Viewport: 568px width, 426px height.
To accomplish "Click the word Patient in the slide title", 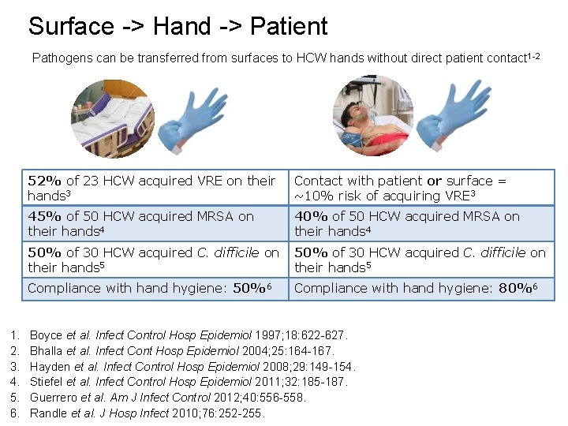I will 289,26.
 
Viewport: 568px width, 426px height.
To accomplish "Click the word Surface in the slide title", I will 72,26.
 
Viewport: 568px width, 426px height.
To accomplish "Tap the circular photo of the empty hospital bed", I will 112,118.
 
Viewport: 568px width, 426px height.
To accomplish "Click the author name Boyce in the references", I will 46,335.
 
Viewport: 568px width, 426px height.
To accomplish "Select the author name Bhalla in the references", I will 47,351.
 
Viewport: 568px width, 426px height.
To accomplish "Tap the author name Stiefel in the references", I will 47,382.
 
